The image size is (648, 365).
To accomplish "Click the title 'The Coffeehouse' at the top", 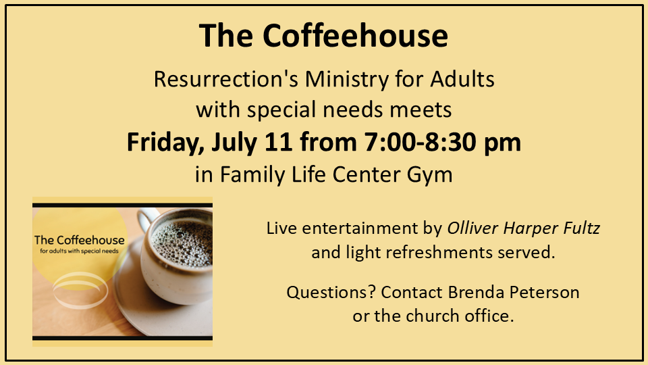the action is pos(323,36).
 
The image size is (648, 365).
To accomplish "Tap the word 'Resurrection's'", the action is pos(225,78).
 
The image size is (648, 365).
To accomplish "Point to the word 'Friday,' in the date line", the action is pos(165,143).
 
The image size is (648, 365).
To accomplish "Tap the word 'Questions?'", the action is pos(331,292).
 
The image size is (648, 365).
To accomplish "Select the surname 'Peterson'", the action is pos(544,292).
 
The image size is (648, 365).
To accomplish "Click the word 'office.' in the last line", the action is pos(489,316).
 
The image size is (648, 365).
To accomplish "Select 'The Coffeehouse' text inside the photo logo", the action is pos(80,240).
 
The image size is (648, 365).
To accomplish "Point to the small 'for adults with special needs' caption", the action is pos(80,251).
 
